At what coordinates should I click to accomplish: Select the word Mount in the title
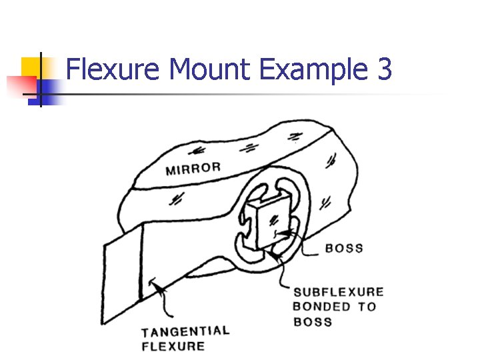point(210,69)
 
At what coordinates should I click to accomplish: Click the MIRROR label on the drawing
point(193,168)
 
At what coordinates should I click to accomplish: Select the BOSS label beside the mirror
point(344,248)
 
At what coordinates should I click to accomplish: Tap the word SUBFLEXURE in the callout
point(339,292)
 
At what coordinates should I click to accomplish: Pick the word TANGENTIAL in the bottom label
point(185,331)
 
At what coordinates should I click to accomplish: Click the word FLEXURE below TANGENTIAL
point(173,346)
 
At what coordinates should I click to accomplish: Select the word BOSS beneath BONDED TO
point(313,322)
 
